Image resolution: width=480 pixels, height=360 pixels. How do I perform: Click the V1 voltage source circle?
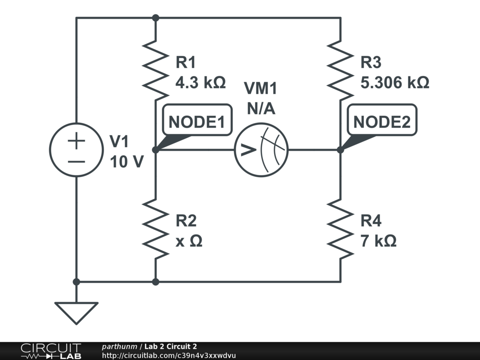pyautogui.click(x=76, y=150)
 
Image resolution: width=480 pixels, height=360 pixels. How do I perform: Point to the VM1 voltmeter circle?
pyautogui.click(x=261, y=150)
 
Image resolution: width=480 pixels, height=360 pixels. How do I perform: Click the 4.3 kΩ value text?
pyautogui.click(x=200, y=83)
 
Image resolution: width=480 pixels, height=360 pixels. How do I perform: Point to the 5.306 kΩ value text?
pyautogui.click(x=395, y=83)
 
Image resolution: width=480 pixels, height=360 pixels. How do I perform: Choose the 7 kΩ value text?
pyautogui.click(x=378, y=241)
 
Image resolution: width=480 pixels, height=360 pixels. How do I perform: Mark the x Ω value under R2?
pyautogui.click(x=189, y=241)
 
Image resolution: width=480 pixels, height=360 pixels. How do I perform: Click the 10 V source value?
pyautogui.click(x=127, y=161)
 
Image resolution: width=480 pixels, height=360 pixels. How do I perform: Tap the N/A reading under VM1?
pyautogui.click(x=261, y=109)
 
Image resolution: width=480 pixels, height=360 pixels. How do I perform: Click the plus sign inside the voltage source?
pyautogui.click(x=76, y=141)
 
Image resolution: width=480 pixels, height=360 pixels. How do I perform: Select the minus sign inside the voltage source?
pyautogui.click(x=76, y=161)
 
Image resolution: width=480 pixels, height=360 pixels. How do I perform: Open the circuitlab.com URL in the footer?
pyautogui.click(x=169, y=356)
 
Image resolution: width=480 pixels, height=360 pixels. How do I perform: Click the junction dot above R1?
pyautogui.click(x=156, y=18)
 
